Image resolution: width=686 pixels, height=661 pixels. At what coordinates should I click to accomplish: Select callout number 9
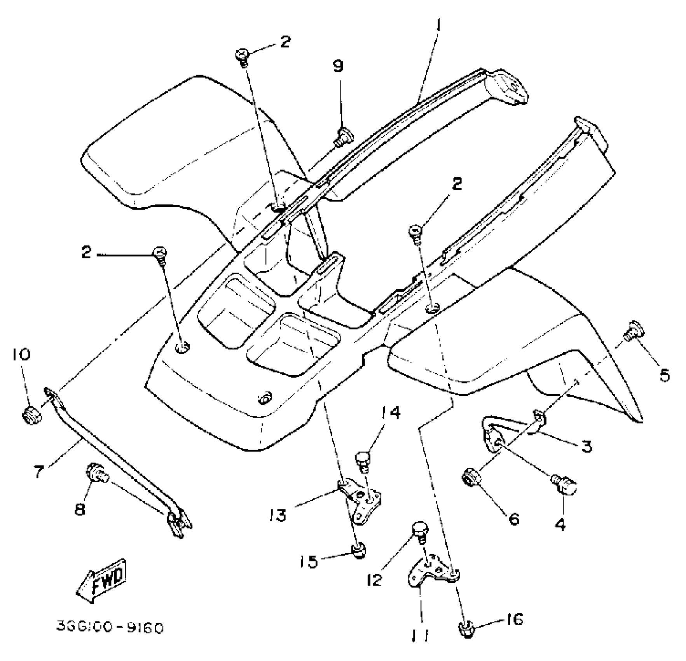coord(339,66)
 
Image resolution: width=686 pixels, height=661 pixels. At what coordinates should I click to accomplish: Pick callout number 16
coord(515,619)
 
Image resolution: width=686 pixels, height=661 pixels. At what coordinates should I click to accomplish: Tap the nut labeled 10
coord(31,415)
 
